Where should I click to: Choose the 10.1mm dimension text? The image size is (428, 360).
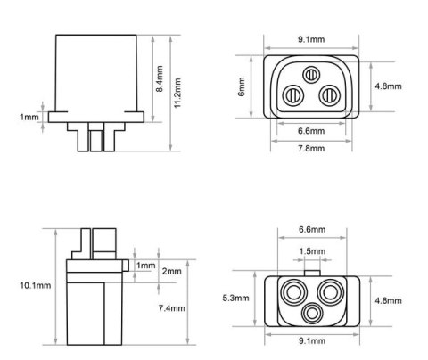36,285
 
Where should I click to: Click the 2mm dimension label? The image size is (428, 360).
172,271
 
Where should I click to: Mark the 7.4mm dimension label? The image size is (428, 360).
171,308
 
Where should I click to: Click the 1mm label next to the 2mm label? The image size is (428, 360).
146,266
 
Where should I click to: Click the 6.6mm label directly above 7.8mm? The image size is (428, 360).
311,131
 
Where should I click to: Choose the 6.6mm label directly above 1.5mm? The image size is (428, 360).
311,229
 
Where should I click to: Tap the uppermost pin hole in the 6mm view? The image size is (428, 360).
311,75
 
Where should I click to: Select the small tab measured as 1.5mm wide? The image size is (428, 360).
311,269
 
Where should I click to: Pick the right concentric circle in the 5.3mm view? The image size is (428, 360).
332,291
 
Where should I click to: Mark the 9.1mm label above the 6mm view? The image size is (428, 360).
311,38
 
